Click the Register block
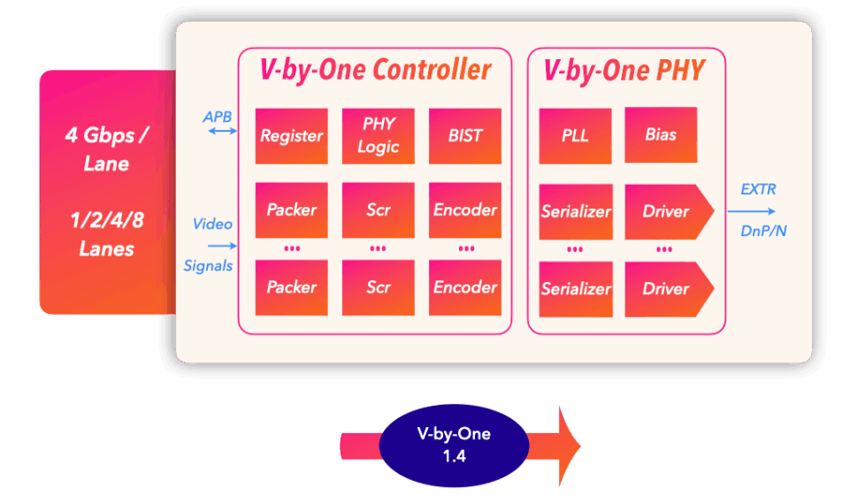click(x=291, y=136)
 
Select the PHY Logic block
click(x=378, y=136)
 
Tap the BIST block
click(x=465, y=136)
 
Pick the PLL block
click(x=575, y=136)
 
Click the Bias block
click(x=661, y=135)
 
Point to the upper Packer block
click(x=291, y=210)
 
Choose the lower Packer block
click(x=291, y=287)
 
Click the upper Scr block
click(x=378, y=210)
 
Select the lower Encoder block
click(x=465, y=287)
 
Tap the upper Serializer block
click(x=575, y=211)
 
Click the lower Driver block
click(x=667, y=288)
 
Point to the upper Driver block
click(x=667, y=211)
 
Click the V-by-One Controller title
click(x=375, y=70)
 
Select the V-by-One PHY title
click(x=624, y=70)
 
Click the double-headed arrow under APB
click(x=221, y=132)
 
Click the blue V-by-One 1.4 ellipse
click(x=454, y=445)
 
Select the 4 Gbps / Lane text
click(x=107, y=149)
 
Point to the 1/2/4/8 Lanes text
click(x=107, y=234)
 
